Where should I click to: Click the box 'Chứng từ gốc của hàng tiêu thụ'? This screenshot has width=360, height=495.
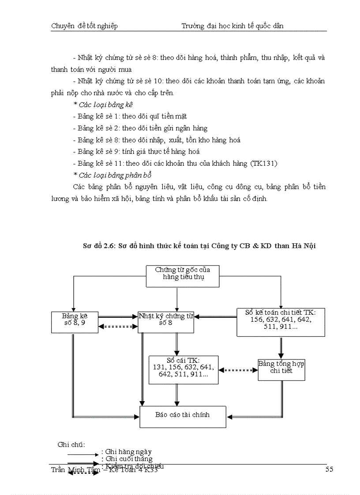click(183, 276)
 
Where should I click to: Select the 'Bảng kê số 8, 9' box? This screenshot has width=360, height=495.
click(75, 320)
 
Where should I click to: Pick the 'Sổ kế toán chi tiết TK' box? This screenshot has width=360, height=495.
click(281, 322)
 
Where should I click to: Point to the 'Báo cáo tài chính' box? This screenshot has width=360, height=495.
click(183, 415)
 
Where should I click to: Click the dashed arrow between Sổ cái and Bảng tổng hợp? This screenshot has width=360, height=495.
click(238, 371)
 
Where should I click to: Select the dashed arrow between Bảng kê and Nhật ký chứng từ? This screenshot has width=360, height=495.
click(118, 327)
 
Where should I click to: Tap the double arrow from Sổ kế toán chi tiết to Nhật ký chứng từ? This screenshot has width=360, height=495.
click(216, 316)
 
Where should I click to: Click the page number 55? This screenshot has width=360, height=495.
click(329, 469)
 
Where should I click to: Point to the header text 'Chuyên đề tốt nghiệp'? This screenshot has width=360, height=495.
click(84, 26)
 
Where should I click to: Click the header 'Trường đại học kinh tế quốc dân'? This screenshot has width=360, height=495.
click(232, 26)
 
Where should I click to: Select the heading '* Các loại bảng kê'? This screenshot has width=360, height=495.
click(103, 105)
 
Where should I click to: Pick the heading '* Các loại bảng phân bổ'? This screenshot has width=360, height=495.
click(108, 175)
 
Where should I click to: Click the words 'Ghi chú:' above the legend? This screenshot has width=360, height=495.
click(71, 444)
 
